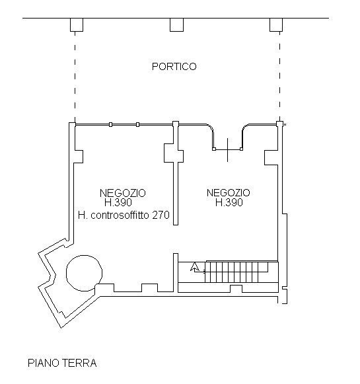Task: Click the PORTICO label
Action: coord(174,67)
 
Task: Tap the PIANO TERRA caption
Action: coord(62,363)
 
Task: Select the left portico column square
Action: coord(77,25)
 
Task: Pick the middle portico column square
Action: coord(176,25)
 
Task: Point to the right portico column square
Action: coord(275,25)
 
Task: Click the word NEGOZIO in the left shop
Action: coord(123,193)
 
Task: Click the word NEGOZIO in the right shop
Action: coord(229,193)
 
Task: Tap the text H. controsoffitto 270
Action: coord(124,215)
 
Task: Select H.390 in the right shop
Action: coord(229,203)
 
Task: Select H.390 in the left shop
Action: coord(123,203)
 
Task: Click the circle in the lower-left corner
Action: coord(84,273)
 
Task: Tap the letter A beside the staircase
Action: coord(195,268)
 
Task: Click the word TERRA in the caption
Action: coord(81,363)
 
